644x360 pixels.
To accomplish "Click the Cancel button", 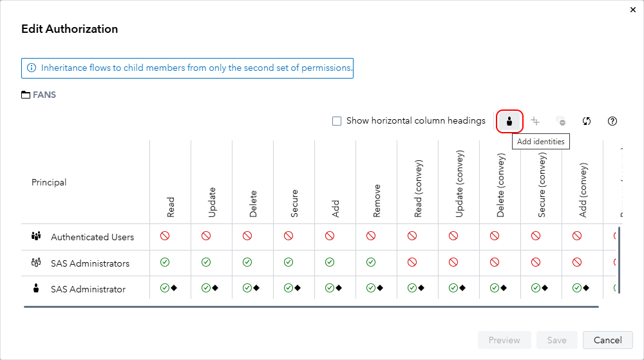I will [607, 340].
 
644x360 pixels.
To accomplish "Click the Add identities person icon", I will [509, 121].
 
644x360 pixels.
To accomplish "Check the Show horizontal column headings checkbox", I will [337, 121].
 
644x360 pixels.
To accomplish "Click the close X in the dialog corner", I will [630, 10].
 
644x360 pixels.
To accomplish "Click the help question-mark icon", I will [612, 121].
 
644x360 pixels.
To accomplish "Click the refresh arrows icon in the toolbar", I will [587, 121].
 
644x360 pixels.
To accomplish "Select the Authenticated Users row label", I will [92, 237].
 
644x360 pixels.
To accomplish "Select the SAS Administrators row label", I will [90, 263].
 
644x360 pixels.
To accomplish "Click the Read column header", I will [171, 207].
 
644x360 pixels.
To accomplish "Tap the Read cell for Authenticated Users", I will [165, 236].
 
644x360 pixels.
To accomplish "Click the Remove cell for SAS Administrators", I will [371, 263].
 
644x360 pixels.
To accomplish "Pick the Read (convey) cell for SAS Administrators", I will [412, 263].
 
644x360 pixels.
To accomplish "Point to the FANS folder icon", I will [26, 95].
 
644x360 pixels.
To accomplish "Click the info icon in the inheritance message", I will [32, 68].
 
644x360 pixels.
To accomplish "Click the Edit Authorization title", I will [70, 29].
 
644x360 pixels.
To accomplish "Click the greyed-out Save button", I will [556, 340].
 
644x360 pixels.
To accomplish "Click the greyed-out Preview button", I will [504, 340].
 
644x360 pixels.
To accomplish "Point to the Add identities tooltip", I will [541, 142].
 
